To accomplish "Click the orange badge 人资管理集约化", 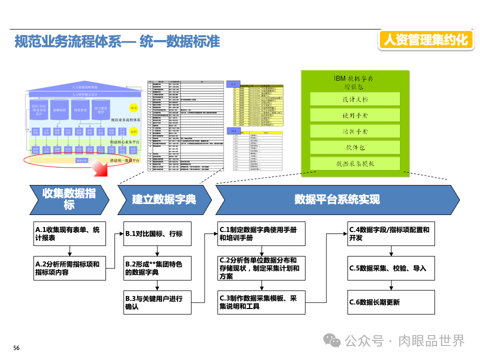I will click(x=426, y=40).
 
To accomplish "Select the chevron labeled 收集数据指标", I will click(x=69, y=199).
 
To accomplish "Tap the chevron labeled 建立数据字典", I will click(x=164, y=199).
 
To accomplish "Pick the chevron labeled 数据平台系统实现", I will click(x=337, y=199).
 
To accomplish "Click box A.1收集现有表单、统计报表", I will click(x=70, y=234).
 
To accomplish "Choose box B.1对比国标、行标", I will click(x=157, y=234).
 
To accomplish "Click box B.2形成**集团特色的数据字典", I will click(x=157, y=268).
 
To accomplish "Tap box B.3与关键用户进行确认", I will click(x=157, y=302).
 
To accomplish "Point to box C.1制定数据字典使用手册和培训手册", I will click(x=261, y=234).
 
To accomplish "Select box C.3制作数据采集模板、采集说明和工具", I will click(x=261, y=302).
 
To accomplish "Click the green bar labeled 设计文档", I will click(x=355, y=99).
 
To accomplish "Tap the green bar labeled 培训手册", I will click(x=355, y=131).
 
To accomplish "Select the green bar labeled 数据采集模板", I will click(x=355, y=164).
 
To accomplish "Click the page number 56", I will click(x=16, y=348).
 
